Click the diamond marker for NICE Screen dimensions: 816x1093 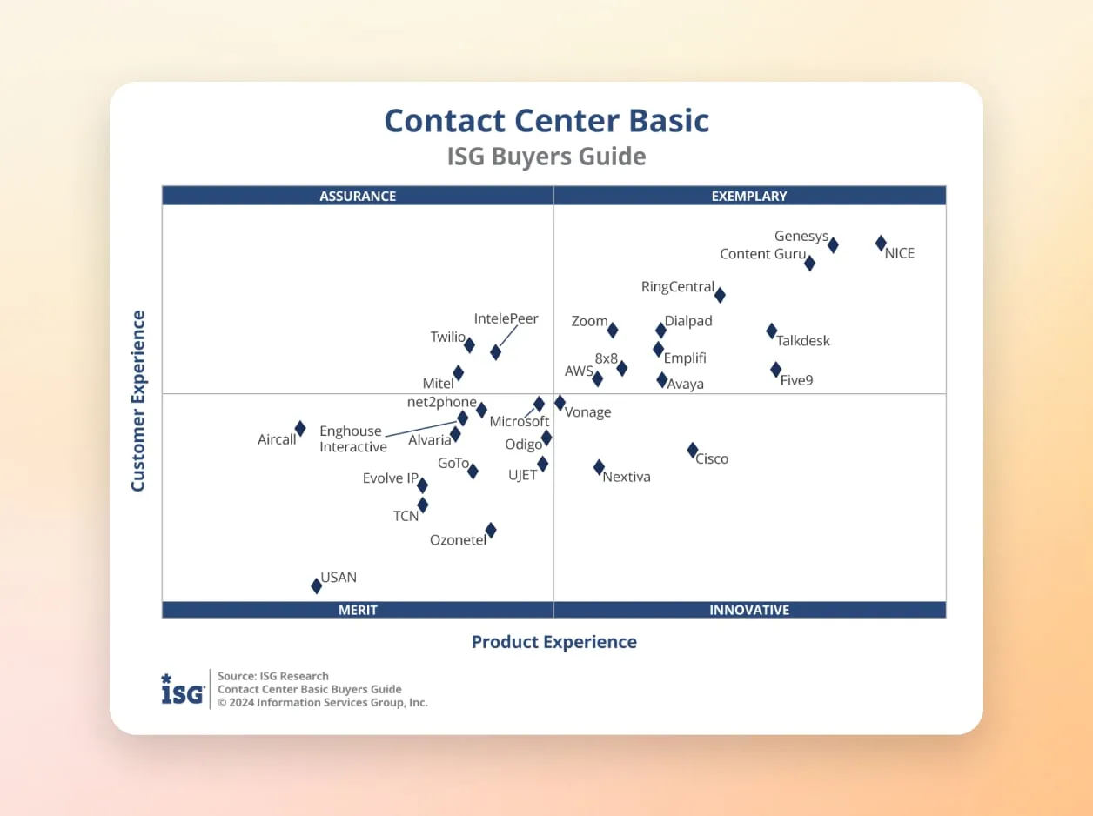[x=881, y=244]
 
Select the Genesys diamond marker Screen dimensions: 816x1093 [x=833, y=245]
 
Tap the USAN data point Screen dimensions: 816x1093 [x=317, y=586]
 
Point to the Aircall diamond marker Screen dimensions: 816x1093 [x=300, y=429]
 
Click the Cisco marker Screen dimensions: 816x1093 [x=693, y=451]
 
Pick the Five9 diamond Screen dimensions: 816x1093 [x=775, y=370]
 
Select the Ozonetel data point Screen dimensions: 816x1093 [x=491, y=530]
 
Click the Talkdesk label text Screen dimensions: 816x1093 [x=803, y=341]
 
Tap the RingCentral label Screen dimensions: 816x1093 [x=677, y=287]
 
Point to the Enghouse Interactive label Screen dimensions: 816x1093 [x=352, y=439]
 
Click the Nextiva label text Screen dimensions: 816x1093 [x=627, y=477]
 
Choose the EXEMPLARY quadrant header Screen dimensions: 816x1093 [x=749, y=197]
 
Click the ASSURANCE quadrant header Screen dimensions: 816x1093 [x=358, y=197]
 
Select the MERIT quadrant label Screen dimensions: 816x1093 [x=358, y=610]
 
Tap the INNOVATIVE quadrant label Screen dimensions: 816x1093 [x=749, y=610]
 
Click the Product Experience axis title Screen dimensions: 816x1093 [x=554, y=642]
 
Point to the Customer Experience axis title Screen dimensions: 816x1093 [x=138, y=401]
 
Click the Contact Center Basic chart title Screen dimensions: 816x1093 [x=546, y=121]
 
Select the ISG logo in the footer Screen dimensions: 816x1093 [x=183, y=689]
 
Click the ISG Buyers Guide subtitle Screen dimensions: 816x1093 [x=546, y=157]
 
